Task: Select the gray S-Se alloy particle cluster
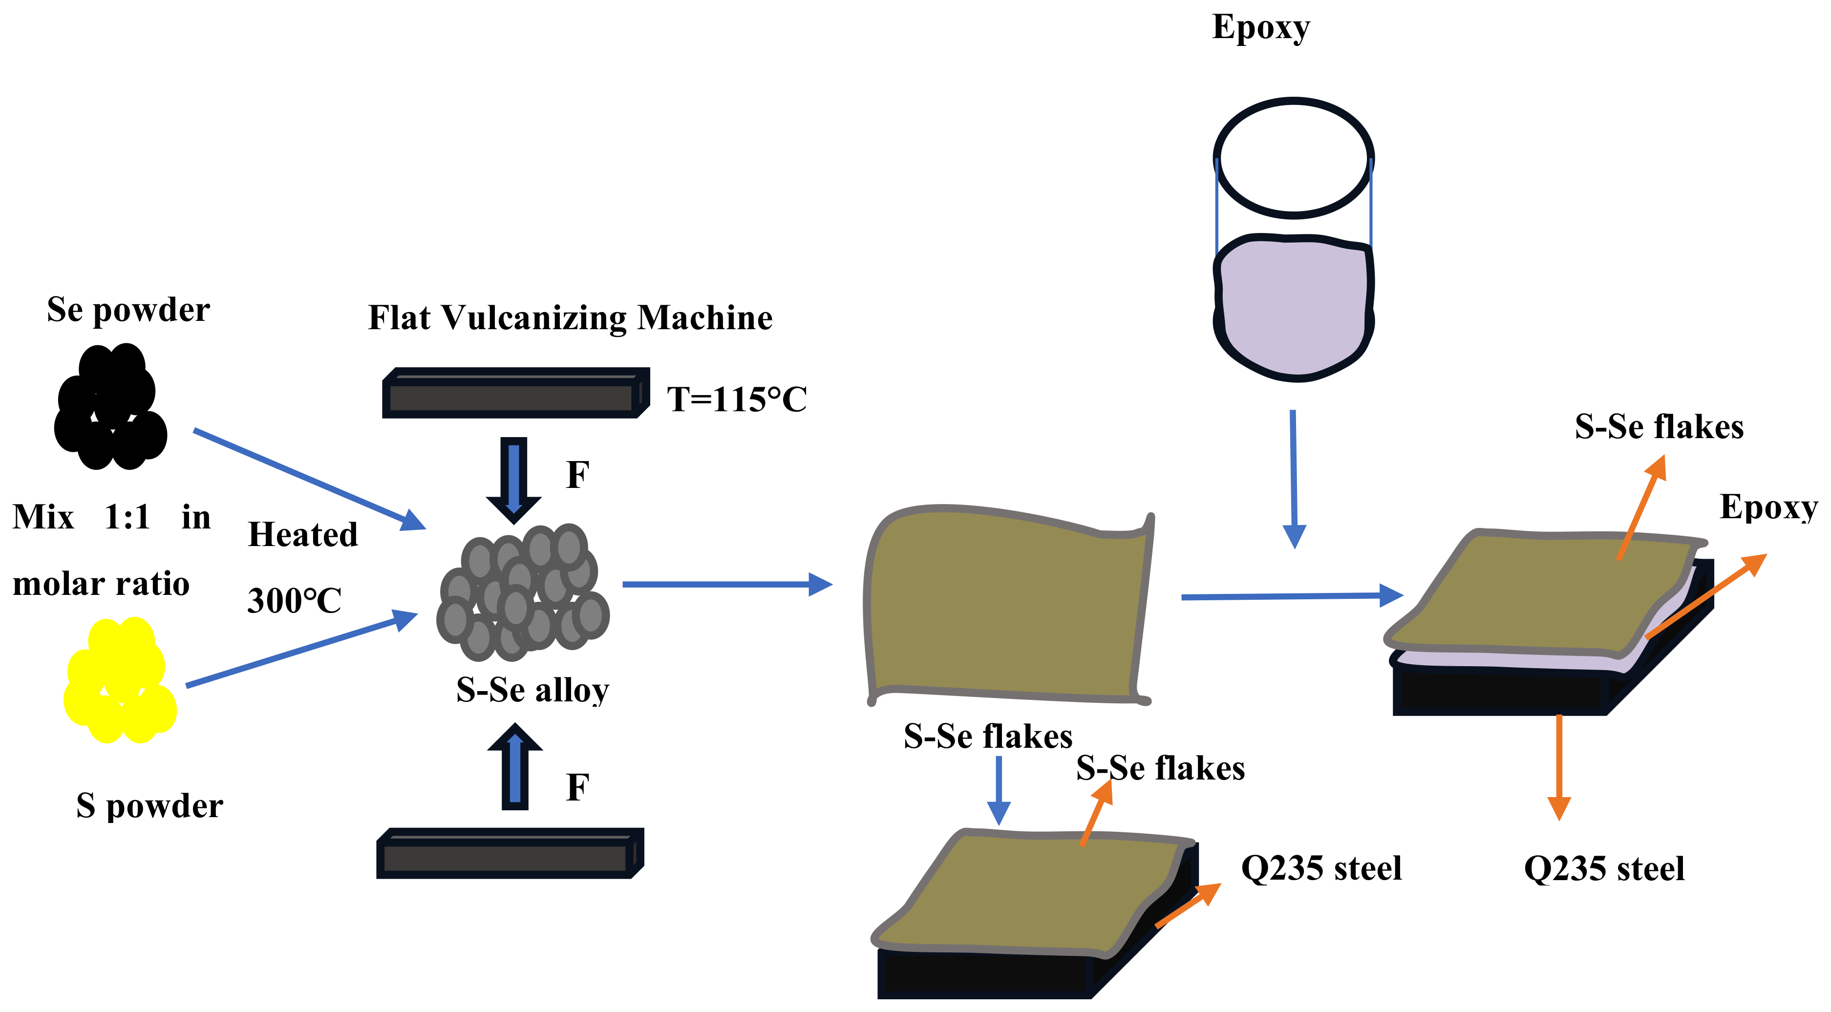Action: [524, 593]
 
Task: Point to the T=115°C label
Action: [736, 400]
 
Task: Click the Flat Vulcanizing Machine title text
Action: [570, 317]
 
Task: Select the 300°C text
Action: [294, 601]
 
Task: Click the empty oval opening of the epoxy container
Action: [1293, 158]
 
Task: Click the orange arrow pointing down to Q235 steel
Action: [1559, 767]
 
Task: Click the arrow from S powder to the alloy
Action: [301, 650]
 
